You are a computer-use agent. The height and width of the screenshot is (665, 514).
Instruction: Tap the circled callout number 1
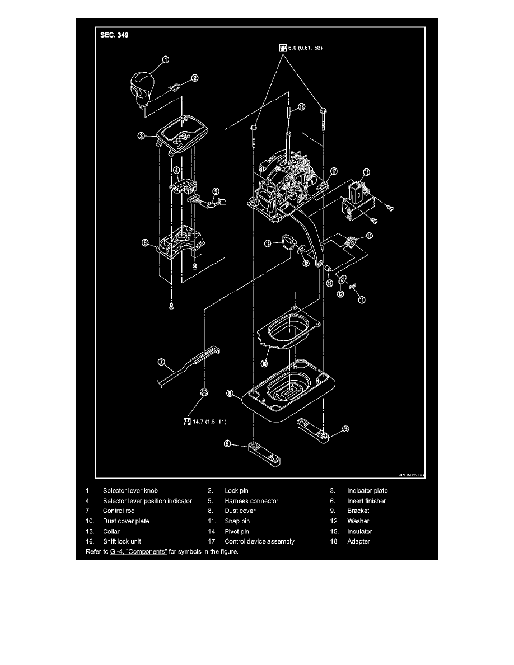pyautogui.click(x=166, y=59)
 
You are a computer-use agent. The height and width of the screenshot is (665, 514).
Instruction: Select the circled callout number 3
pyautogui.click(x=142, y=136)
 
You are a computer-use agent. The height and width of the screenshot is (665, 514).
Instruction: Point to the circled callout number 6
pyautogui.click(x=144, y=243)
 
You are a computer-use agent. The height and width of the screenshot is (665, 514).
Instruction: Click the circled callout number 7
pyautogui.click(x=160, y=363)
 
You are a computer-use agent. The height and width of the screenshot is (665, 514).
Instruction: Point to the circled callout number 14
pyautogui.click(x=268, y=243)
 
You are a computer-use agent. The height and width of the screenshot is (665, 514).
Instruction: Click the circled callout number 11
pyautogui.click(x=362, y=300)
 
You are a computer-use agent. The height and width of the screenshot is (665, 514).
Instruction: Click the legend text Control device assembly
pyautogui.click(x=259, y=541)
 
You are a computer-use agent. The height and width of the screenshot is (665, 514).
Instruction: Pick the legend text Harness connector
pyautogui.click(x=251, y=501)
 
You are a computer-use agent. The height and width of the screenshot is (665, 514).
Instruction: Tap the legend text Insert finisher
pyautogui.click(x=366, y=501)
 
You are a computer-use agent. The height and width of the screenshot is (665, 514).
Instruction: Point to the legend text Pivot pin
pyautogui.click(x=237, y=531)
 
